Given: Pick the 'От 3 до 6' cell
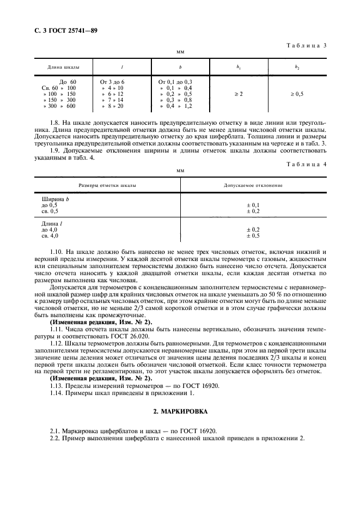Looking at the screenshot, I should point(113,82).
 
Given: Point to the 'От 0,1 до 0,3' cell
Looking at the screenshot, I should point(175,82).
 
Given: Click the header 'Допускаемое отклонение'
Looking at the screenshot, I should point(253,185).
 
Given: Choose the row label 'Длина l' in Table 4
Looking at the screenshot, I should point(51,224).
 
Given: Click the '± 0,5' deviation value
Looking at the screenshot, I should point(253,235).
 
